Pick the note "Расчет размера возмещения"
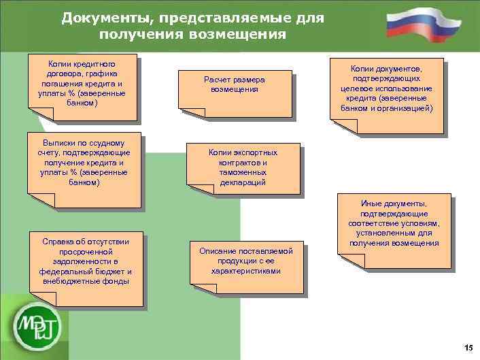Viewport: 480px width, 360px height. click(x=235, y=88)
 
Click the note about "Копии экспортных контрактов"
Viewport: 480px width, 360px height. click(x=243, y=169)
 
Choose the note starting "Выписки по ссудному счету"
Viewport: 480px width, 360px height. click(x=84, y=167)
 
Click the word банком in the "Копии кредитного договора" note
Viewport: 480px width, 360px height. click(x=82, y=103)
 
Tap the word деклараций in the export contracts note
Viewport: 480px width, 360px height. click(x=243, y=183)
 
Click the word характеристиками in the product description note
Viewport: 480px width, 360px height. click(x=245, y=271)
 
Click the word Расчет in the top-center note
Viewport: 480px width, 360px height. click(x=218, y=80)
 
